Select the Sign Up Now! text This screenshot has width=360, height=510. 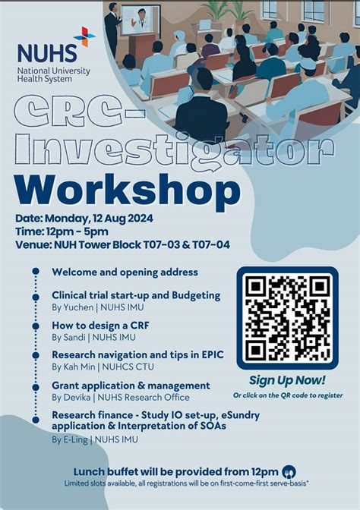coord(287,380)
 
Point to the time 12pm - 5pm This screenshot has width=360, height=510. coord(79,231)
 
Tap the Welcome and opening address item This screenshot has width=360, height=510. coord(125,272)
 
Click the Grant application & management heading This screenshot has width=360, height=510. coord(131,386)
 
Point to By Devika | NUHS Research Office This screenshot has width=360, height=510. coord(120,397)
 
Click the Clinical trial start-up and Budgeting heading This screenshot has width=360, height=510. coord(136,294)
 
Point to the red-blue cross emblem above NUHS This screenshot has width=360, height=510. coord(84,36)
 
